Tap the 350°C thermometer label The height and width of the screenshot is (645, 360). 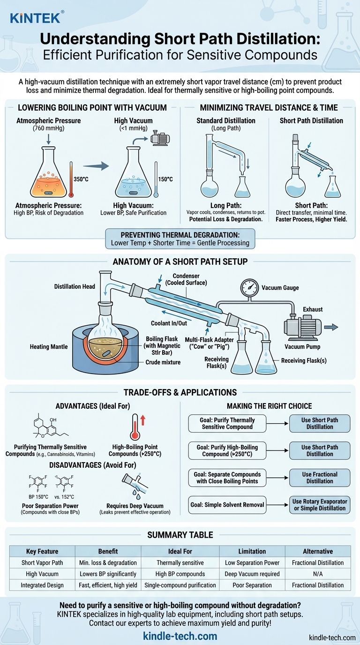(81, 179)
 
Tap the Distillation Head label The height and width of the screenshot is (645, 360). (75, 286)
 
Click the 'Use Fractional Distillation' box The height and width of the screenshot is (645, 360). (319, 478)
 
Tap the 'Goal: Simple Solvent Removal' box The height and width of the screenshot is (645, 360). (227, 505)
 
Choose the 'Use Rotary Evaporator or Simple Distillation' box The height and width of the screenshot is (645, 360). (319, 505)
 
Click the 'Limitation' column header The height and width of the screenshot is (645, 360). (252, 551)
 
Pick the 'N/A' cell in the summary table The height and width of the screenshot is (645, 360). (318, 574)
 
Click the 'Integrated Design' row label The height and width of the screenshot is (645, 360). (42, 585)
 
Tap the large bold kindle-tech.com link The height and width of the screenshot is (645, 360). (180, 636)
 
